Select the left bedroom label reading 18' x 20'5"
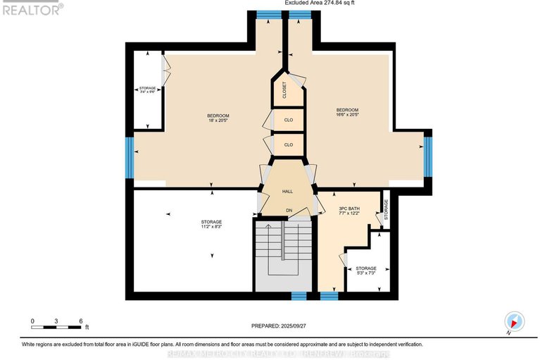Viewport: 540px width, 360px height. [x=218, y=118]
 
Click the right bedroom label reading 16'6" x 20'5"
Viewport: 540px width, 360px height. [x=347, y=113]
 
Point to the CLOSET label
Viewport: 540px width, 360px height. [x=284, y=89]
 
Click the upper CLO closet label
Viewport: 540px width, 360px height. [x=288, y=120]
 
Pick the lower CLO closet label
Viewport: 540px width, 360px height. [x=288, y=144]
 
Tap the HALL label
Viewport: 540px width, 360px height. [x=287, y=192]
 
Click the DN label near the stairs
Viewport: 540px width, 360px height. [x=289, y=210]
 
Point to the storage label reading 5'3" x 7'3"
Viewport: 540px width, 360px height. [x=365, y=271]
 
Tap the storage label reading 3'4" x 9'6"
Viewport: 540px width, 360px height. [x=147, y=90]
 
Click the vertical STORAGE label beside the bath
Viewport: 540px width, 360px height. [x=385, y=208]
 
